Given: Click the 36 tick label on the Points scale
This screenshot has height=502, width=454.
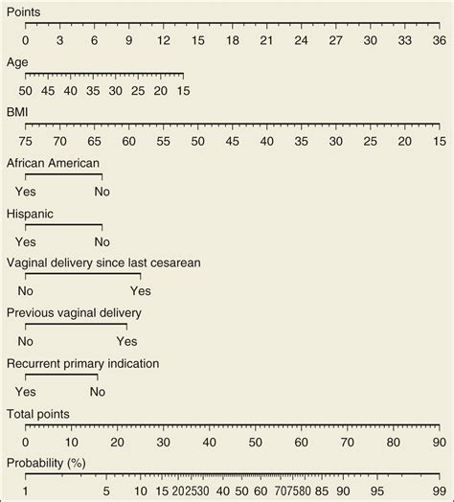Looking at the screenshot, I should pyautogui.click(x=439, y=40).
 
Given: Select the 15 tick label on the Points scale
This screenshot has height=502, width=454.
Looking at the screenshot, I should pyautogui.click(x=197, y=40).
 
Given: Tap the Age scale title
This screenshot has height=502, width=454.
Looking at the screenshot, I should pyautogui.click(x=17, y=61).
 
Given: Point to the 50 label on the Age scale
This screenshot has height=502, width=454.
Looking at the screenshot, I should pyautogui.click(x=25, y=90).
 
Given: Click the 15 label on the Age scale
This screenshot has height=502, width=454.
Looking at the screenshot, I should pyautogui.click(x=183, y=90).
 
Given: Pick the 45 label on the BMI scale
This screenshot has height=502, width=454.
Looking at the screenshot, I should pyautogui.click(x=232, y=141).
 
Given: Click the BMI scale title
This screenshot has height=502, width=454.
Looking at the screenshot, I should pyautogui.click(x=18, y=112).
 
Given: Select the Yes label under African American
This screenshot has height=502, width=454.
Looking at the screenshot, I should pyautogui.click(x=26, y=192).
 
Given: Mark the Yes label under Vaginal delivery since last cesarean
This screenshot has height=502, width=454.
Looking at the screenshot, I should pyautogui.click(x=140, y=291).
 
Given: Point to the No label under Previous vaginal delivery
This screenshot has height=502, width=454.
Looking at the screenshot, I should pyautogui.click(x=26, y=341).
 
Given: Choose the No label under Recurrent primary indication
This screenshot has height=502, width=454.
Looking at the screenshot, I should pyautogui.click(x=97, y=392).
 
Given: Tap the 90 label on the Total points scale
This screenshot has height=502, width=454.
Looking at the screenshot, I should pyautogui.click(x=439, y=442).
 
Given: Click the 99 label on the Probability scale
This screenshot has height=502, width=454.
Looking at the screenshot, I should pyautogui.click(x=439, y=492).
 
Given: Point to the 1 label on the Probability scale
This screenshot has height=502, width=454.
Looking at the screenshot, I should pyautogui.click(x=25, y=492).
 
